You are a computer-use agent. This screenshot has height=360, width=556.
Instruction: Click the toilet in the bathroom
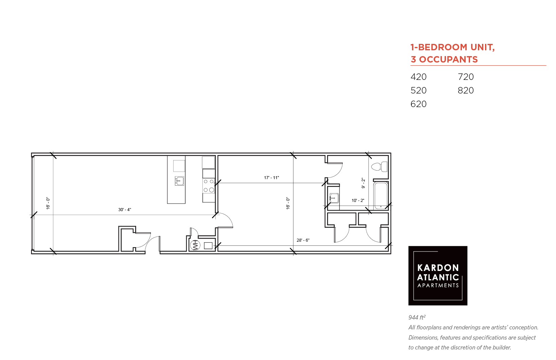click(379, 167)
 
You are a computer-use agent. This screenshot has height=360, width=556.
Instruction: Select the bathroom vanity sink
click(334, 198)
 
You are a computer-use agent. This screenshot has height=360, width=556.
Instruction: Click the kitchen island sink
click(179, 181)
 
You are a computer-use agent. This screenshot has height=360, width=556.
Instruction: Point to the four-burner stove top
click(209, 186)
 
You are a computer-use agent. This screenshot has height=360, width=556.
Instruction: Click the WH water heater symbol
click(195, 245)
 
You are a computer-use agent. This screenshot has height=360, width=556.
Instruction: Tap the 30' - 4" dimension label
click(125, 210)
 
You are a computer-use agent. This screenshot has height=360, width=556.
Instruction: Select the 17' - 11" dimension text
click(271, 178)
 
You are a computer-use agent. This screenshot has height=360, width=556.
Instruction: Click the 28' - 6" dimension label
click(303, 240)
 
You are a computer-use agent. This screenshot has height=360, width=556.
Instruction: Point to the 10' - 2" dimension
click(358, 201)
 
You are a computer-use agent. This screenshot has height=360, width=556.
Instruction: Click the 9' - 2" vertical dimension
click(363, 183)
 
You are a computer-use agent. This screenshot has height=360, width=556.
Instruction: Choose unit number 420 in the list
click(418, 77)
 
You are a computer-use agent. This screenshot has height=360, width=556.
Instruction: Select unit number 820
click(466, 90)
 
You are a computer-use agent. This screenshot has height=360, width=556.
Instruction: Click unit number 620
click(418, 104)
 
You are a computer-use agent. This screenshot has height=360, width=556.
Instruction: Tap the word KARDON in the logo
click(438, 268)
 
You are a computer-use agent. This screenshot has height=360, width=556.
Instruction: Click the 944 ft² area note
click(417, 317)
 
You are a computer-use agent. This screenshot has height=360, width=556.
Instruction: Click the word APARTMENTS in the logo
click(438, 286)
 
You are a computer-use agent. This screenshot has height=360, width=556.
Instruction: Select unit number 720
click(466, 77)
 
